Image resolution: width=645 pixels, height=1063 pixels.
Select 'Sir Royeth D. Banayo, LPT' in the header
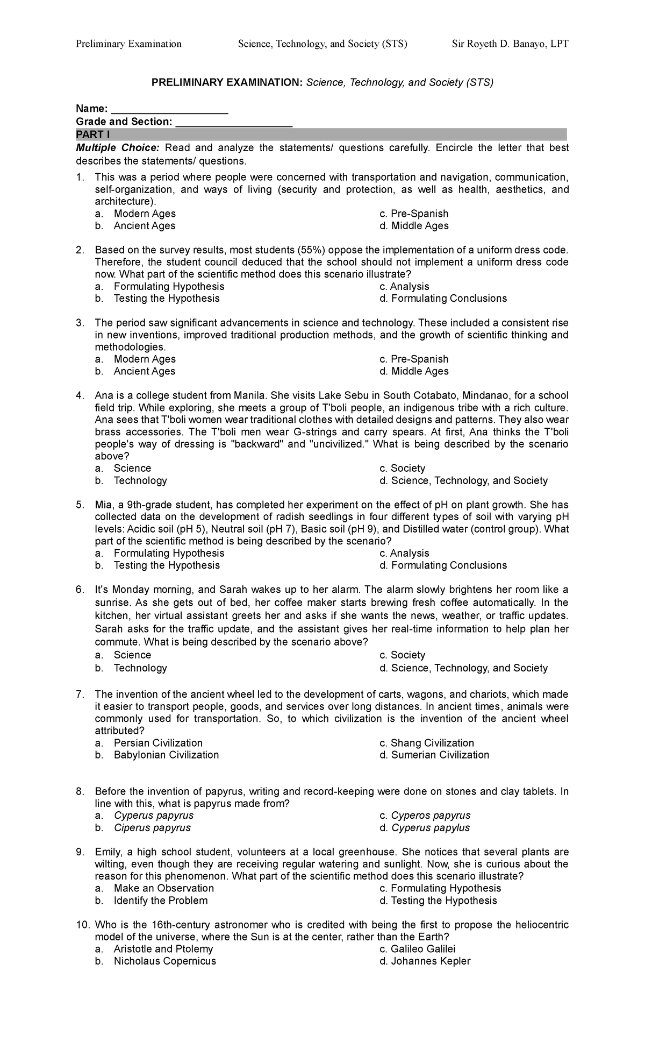click(x=510, y=44)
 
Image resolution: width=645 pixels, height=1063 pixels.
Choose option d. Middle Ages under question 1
click(x=414, y=226)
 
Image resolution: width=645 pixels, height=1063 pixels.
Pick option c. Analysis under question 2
click(x=404, y=287)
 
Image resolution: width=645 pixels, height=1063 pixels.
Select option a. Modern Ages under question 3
click(x=144, y=359)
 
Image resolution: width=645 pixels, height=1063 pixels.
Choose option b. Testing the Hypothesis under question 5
click(x=166, y=565)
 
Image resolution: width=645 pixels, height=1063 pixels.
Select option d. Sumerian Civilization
click(x=434, y=755)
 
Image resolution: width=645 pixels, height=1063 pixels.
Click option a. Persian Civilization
click(x=157, y=743)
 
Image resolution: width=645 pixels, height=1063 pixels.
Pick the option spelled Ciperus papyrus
click(x=152, y=828)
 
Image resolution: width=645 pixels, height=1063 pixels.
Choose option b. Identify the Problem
click(x=160, y=901)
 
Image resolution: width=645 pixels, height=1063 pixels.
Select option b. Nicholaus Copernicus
click(x=164, y=961)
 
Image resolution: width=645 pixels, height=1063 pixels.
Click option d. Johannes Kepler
click(x=425, y=961)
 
